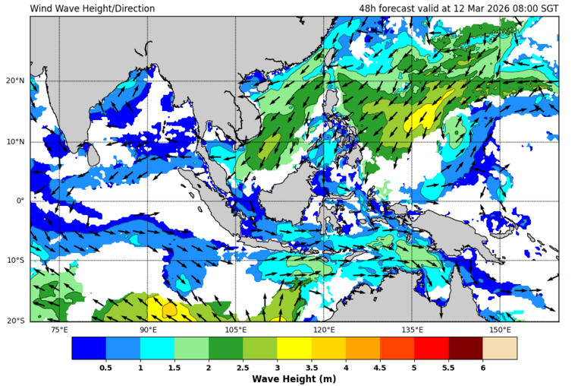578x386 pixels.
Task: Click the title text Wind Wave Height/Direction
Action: (x=93, y=8)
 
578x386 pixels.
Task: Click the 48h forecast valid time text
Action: (x=458, y=8)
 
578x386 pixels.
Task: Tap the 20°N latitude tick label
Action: (x=16, y=81)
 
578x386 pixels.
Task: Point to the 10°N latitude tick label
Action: (x=16, y=141)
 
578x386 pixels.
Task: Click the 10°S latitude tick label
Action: (x=16, y=261)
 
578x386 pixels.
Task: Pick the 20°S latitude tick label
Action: (x=16, y=321)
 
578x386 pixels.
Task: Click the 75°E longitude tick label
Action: (x=59, y=330)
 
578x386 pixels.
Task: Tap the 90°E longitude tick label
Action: (x=148, y=330)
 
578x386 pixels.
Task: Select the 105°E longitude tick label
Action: (x=236, y=330)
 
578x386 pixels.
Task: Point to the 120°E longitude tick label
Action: (x=324, y=330)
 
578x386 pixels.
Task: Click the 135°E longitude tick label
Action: (x=412, y=330)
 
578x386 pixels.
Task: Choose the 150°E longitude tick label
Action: (x=500, y=330)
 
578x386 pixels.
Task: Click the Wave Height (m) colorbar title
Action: (x=294, y=378)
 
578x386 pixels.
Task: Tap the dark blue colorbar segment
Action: (x=89, y=348)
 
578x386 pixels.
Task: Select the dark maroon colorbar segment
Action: (x=465, y=348)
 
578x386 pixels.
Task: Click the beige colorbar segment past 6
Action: (x=499, y=348)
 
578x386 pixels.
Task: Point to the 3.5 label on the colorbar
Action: (x=311, y=367)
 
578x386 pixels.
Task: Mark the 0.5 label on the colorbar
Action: (x=106, y=367)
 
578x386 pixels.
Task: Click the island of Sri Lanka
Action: (x=93, y=155)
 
